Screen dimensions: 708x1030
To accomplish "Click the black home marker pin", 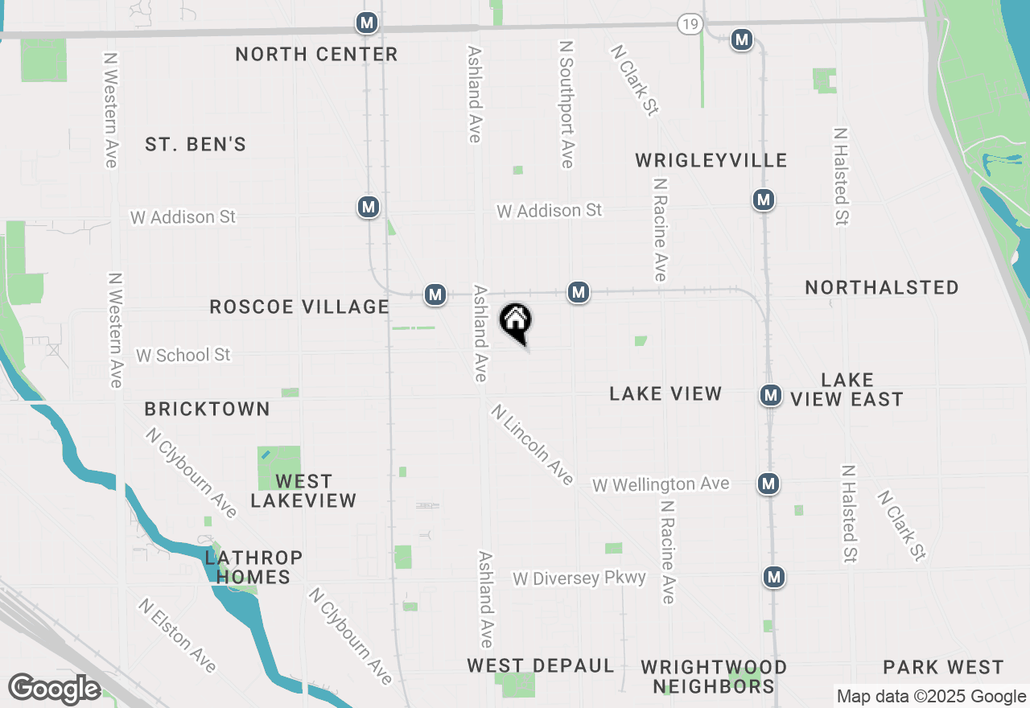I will [x=516, y=322].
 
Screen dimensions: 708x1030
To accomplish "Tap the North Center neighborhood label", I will [x=316, y=54].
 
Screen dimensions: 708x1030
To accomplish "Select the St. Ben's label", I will [x=196, y=145].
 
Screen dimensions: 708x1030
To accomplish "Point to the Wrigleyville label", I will [x=711, y=160].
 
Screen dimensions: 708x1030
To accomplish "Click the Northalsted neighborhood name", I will [x=882, y=287].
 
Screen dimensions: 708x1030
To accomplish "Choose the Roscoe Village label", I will [x=299, y=307].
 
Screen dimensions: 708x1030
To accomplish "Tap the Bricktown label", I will [x=208, y=409].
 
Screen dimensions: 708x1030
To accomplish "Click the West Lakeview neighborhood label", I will [x=303, y=491].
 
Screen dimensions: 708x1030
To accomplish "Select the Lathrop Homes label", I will [x=253, y=567].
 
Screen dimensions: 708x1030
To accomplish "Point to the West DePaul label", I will [x=541, y=666].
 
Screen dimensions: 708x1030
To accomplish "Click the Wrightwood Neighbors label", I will [x=714, y=677].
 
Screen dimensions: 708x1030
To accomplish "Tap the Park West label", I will [x=943, y=667].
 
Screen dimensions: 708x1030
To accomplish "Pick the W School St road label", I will [x=183, y=355].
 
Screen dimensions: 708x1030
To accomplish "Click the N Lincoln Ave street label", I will [x=533, y=445].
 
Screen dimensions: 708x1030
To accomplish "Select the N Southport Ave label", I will [x=566, y=105].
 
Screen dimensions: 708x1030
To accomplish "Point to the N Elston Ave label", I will [x=177, y=635].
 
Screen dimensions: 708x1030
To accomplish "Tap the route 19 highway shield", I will [x=688, y=24].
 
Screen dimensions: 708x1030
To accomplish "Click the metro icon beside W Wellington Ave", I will [x=768, y=484].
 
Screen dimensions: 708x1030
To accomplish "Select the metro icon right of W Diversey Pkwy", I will [x=774, y=577].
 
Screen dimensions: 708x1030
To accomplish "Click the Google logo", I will [x=55, y=689].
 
